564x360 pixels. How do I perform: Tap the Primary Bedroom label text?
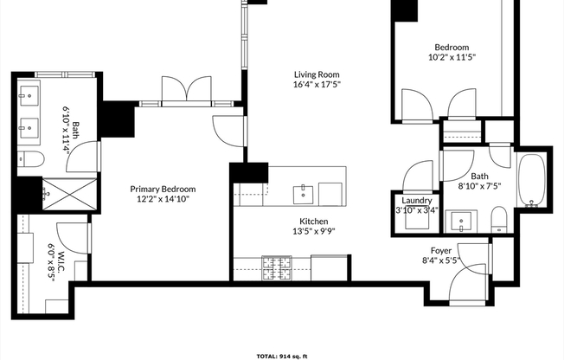163,189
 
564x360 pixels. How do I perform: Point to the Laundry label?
415,198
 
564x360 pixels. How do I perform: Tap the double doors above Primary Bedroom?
187,89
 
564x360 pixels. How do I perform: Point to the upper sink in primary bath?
28,95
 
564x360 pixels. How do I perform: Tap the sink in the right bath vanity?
462,224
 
